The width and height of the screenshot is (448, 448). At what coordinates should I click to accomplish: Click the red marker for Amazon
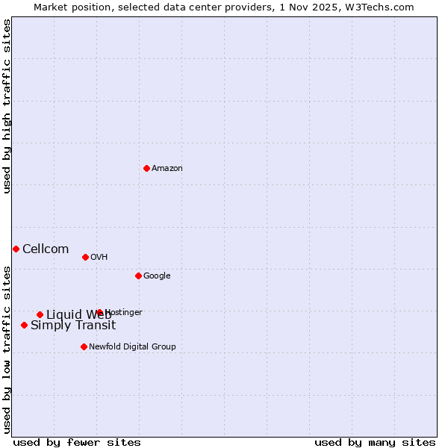coord(146,168)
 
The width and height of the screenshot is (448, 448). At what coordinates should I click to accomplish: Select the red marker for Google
coord(138,276)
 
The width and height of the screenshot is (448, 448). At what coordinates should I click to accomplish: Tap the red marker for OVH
coord(85,257)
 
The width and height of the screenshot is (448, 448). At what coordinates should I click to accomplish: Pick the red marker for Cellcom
coord(16,249)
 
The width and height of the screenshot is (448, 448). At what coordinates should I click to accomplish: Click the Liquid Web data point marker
coord(40,314)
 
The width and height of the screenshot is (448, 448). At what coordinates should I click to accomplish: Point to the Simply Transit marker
coord(24,325)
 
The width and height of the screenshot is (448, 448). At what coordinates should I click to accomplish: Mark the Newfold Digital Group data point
coord(84,346)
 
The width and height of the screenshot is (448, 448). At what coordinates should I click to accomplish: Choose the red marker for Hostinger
coord(99,312)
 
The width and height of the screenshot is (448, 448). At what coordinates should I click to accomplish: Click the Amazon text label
coord(167,169)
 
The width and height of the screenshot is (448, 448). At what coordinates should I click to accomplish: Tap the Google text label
coord(157,276)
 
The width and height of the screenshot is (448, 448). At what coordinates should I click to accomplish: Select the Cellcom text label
coord(46,249)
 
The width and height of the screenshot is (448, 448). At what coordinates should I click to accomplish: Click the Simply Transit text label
coord(73,326)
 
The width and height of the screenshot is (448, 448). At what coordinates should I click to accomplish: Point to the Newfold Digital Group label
coord(132,347)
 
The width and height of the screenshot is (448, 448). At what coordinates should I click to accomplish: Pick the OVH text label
coord(99,258)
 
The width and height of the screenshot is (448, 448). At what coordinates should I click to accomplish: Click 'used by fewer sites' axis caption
coord(77,443)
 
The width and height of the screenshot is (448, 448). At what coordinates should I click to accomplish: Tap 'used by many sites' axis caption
coord(375,443)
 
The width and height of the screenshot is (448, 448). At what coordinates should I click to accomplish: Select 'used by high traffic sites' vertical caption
coord(7,106)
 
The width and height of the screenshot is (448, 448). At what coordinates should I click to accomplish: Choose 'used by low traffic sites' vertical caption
coord(7,349)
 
